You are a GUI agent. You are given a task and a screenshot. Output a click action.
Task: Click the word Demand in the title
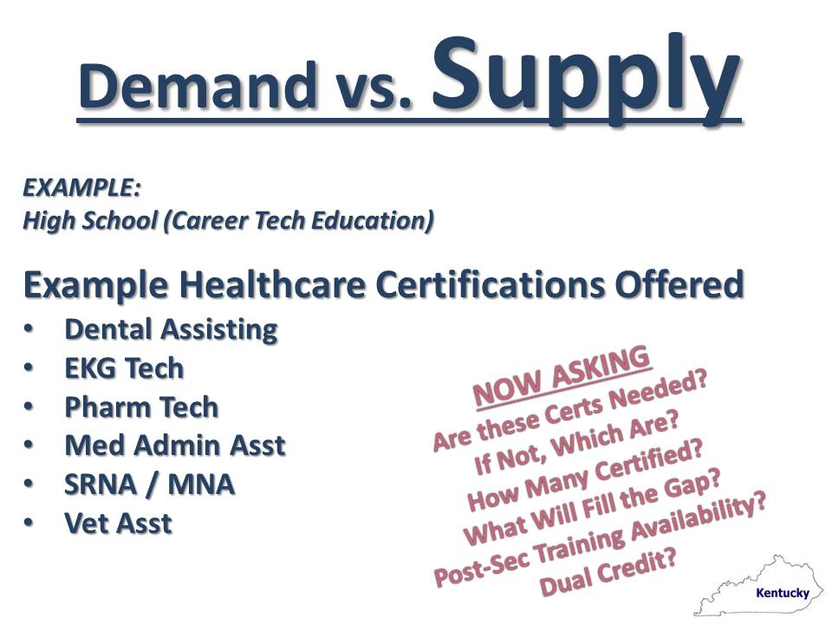tap(197, 85)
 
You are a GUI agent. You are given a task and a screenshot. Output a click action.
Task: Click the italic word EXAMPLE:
tap(81, 188)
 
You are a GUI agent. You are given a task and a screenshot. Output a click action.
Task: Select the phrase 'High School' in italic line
tap(90, 221)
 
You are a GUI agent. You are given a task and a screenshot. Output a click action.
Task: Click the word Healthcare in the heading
tap(272, 284)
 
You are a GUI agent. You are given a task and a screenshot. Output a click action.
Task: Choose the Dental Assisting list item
tap(171, 329)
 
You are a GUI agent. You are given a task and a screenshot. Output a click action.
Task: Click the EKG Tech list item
tap(124, 368)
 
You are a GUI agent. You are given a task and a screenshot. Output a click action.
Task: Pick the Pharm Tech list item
tap(141, 407)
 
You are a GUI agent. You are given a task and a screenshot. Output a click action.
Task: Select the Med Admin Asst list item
tap(175, 445)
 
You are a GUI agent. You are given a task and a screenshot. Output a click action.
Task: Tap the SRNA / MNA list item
tap(150, 484)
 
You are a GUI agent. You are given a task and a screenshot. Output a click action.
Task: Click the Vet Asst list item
tap(119, 523)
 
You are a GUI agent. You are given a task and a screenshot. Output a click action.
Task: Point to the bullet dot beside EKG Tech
tap(28, 367)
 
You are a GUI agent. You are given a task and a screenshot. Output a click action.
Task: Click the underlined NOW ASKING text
tap(562, 376)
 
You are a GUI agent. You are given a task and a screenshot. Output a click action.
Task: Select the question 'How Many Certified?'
tap(585, 475)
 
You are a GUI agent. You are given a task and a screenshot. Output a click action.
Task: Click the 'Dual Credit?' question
tap(608, 573)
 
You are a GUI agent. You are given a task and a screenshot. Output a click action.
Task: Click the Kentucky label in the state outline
tap(783, 593)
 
